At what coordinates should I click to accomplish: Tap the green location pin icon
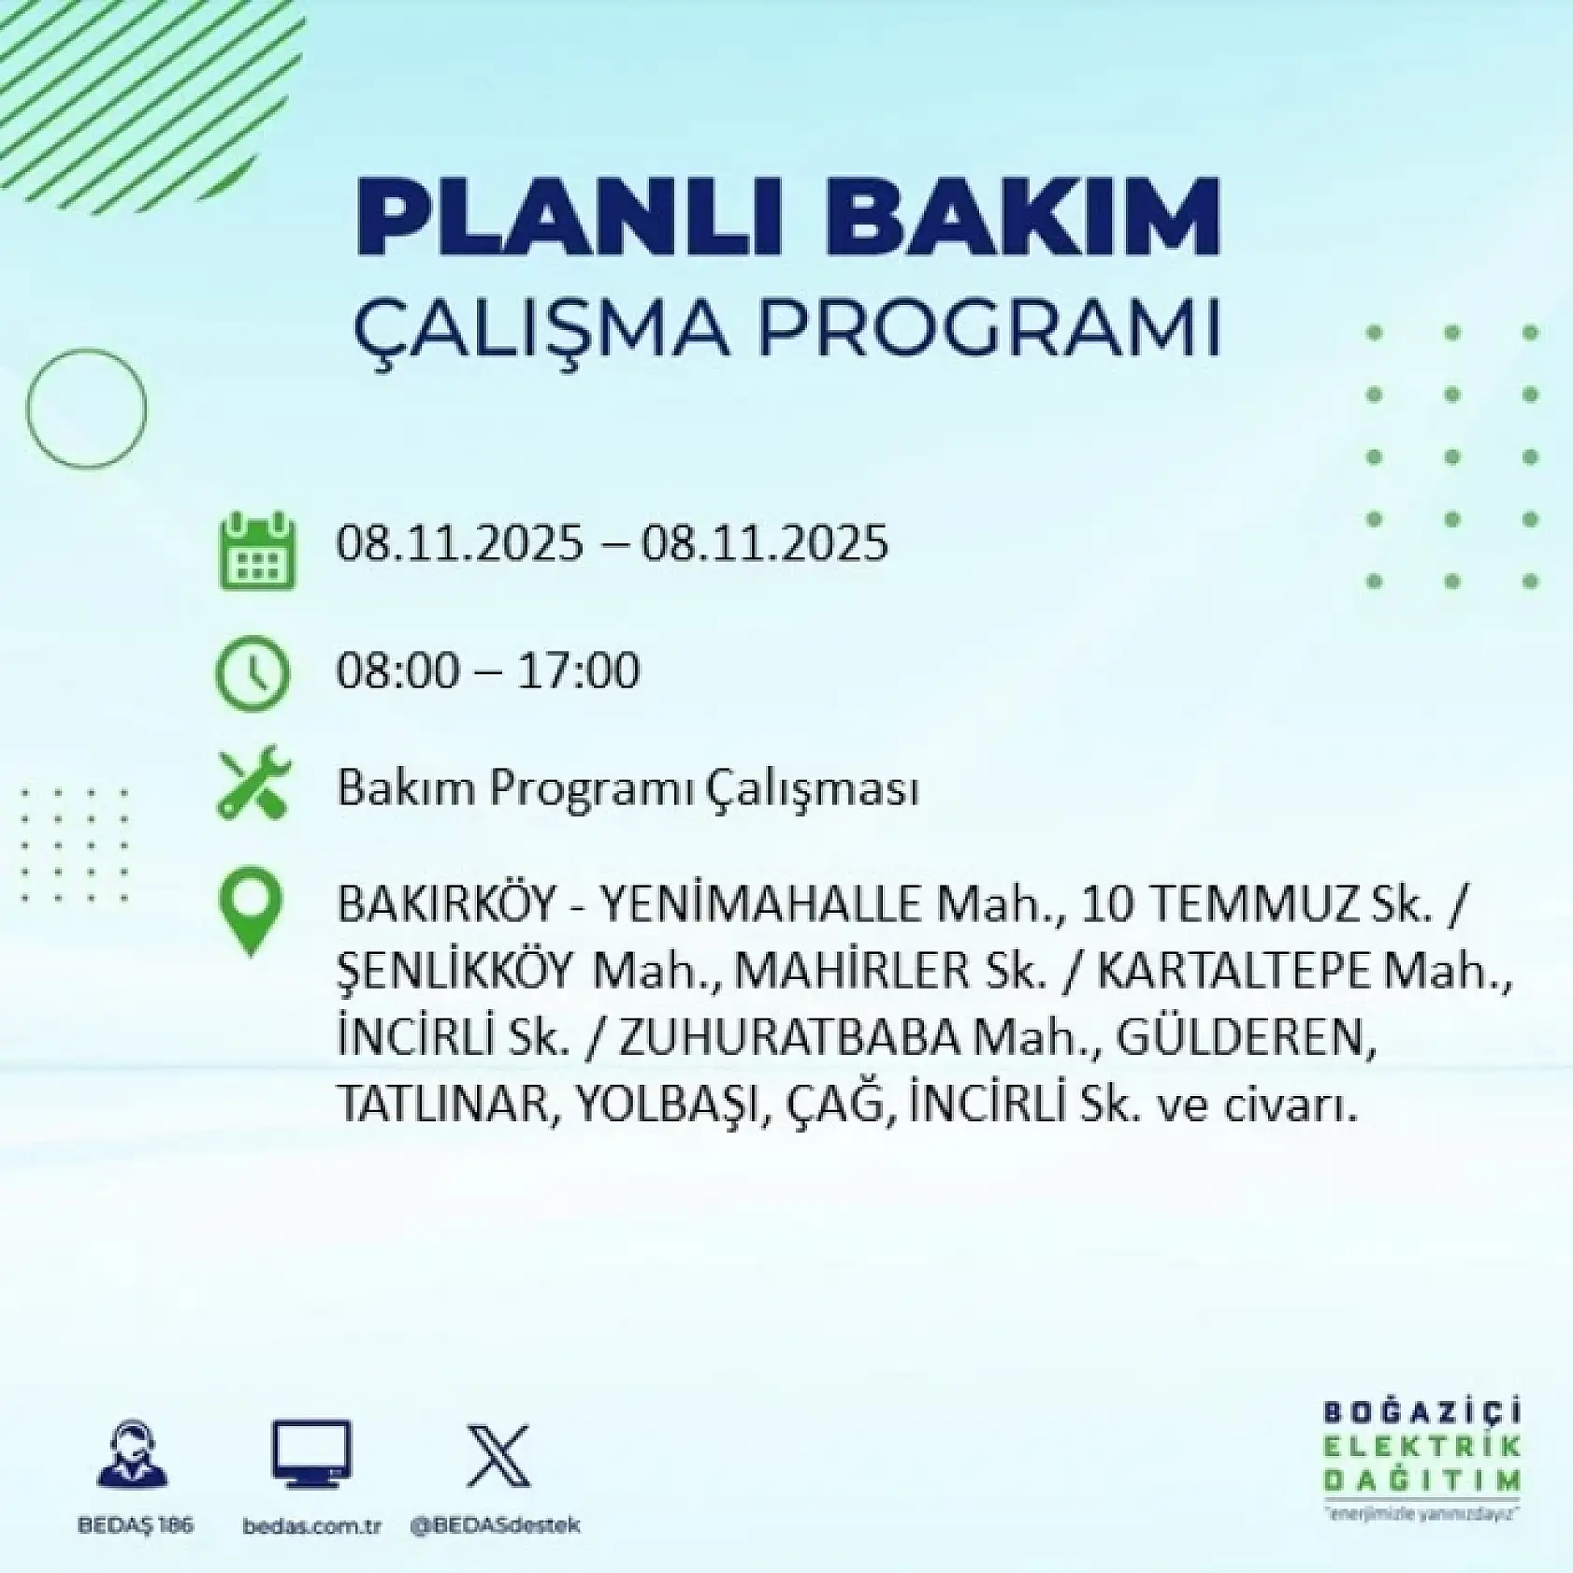(x=250, y=910)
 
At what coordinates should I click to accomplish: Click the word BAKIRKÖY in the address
(x=447, y=904)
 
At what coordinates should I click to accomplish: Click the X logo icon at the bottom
(x=498, y=1456)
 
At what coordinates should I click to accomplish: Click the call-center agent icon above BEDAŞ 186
(x=133, y=1454)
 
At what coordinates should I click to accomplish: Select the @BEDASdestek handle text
(x=495, y=1524)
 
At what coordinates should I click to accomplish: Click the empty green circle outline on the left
(x=86, y=408)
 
